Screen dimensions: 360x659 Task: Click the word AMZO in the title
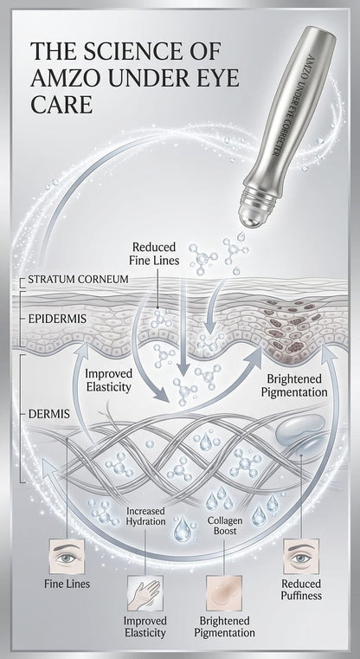click(61, 79)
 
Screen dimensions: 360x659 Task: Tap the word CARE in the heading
click(61, 105)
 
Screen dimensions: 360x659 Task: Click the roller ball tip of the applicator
click(250, 214)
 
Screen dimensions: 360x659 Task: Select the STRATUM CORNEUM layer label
click(78, 279)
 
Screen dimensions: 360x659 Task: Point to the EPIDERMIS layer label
click(57, 319)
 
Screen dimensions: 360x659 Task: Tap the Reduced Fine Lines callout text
click(156, 254)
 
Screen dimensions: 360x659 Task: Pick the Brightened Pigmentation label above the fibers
click(294, 386)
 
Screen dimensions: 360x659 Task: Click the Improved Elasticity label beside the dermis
click(109, 380)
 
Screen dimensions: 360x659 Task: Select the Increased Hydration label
click(145, 516)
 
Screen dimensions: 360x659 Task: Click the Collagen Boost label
click(225, 526)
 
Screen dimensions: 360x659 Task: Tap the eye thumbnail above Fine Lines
click(67, 556)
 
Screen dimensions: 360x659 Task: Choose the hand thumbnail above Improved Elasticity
click(145, 593)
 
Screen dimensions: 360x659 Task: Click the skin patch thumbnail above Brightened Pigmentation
click(224, 593)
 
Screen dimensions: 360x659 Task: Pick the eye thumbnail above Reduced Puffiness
click(301, 556)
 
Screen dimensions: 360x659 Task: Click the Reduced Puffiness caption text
click(301, 589)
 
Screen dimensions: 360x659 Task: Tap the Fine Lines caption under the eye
click(67, 584)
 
